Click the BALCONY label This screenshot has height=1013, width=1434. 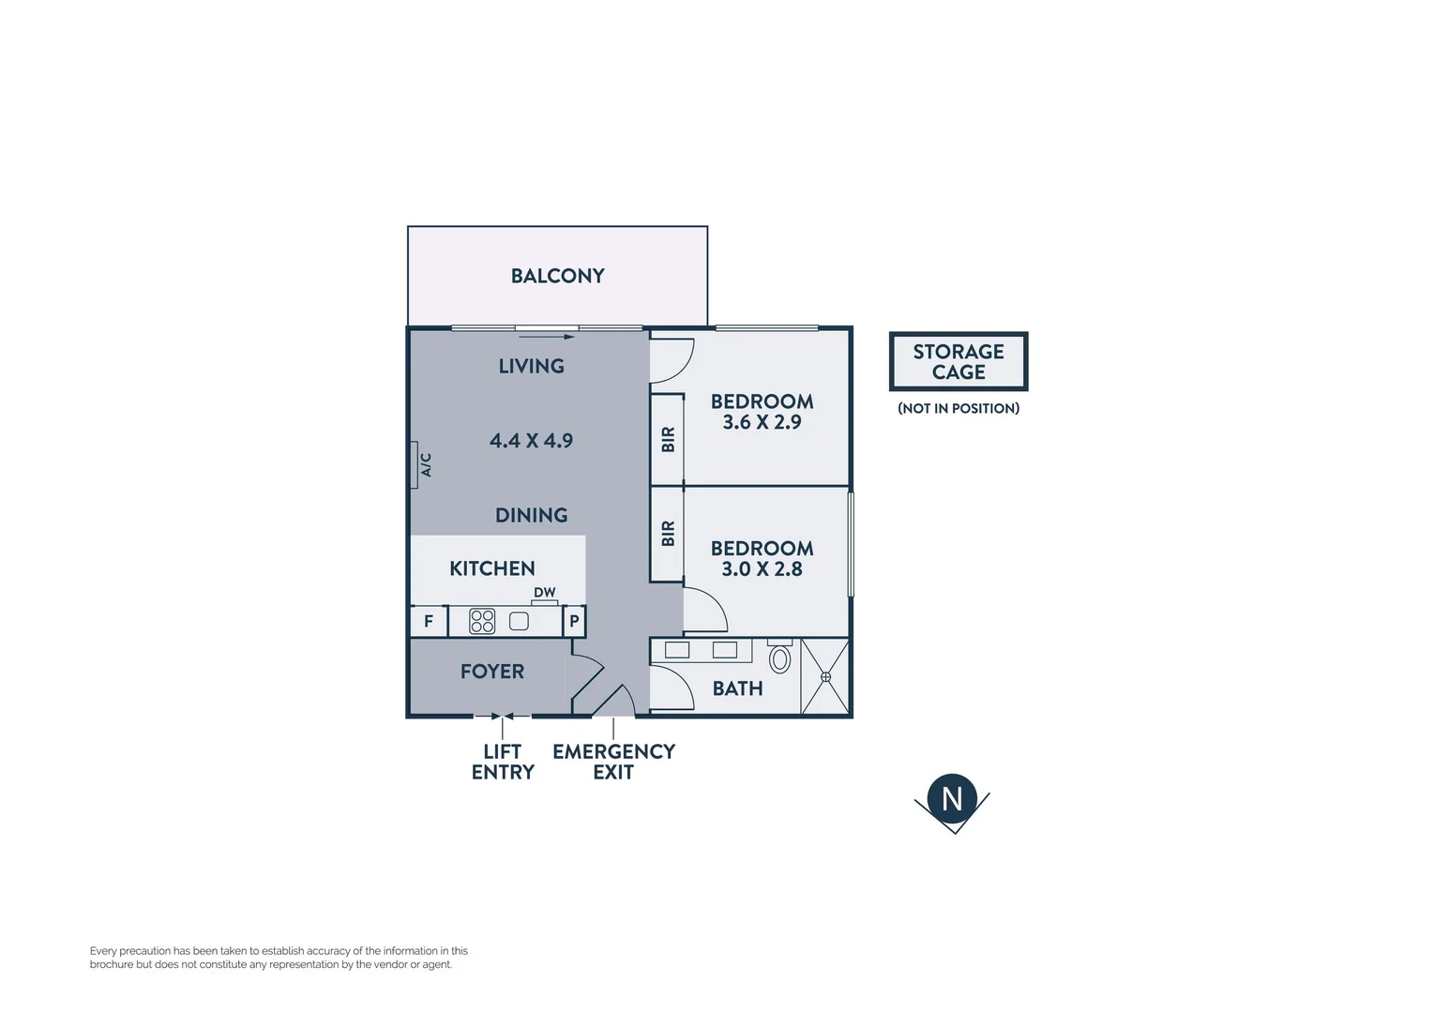557,276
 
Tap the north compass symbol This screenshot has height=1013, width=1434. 952,799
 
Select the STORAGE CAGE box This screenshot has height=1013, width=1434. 958,361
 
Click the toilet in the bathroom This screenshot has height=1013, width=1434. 779,658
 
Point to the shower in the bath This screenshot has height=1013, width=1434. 825,676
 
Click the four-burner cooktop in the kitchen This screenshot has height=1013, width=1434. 482,621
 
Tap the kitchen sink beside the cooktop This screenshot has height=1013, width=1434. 519,621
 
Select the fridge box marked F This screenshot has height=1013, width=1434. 429,621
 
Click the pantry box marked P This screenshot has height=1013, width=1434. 574,621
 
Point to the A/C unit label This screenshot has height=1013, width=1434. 424,465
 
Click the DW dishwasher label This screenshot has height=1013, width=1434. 544,593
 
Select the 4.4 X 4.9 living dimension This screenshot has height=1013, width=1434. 531,441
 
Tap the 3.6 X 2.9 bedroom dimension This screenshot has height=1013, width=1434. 762,423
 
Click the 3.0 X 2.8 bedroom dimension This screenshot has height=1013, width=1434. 762,569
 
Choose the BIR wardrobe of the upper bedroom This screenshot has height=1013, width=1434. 668,439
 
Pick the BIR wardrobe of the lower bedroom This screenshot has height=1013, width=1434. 668,534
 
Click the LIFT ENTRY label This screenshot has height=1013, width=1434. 503,762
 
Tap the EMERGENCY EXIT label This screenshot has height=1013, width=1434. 613,762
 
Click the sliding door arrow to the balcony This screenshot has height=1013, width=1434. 557,337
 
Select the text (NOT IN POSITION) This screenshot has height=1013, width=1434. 958,409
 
